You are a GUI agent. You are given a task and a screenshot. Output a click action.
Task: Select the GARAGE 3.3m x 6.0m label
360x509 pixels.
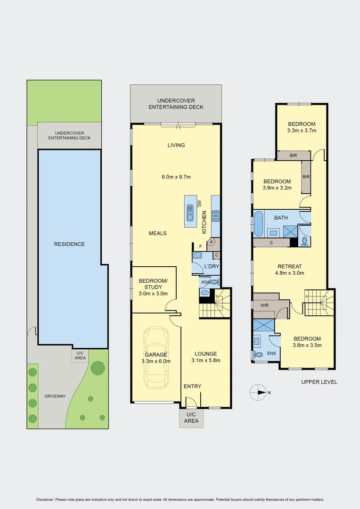(156, 358)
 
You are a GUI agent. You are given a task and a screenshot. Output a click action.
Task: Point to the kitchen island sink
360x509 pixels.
(189, 213)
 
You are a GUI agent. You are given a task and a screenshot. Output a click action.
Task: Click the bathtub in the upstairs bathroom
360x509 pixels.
(259, 223)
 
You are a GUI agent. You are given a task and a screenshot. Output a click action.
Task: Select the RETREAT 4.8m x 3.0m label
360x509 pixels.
(289, 270)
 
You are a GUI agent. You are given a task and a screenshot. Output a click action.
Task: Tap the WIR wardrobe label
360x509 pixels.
(264, 305)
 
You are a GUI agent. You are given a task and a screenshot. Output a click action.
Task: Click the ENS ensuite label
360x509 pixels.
(271, 353)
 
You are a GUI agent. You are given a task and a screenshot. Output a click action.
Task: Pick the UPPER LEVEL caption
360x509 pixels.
(319, 382)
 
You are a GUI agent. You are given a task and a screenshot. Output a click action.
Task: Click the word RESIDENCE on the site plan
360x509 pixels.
(69, 244)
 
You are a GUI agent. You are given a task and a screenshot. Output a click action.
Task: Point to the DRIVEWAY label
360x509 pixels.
(55, 396)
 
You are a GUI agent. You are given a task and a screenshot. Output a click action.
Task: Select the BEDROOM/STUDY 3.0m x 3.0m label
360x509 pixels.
(150, 287)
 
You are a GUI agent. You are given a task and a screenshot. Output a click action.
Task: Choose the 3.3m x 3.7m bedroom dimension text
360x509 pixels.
(301, 131)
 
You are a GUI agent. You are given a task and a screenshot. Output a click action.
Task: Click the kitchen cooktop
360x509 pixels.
(215, 215)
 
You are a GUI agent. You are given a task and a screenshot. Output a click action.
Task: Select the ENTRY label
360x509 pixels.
(192, 386)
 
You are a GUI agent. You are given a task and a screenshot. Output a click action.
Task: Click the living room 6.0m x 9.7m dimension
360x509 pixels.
(176, 177)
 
